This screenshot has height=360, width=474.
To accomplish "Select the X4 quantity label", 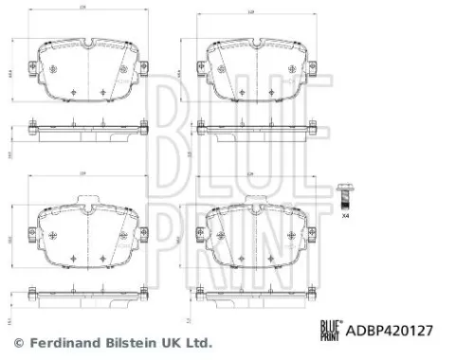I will click(345, 220).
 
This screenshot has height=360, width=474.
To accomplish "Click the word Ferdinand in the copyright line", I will click(64, 342).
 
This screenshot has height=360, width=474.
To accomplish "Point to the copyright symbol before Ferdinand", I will click(16, 342).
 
